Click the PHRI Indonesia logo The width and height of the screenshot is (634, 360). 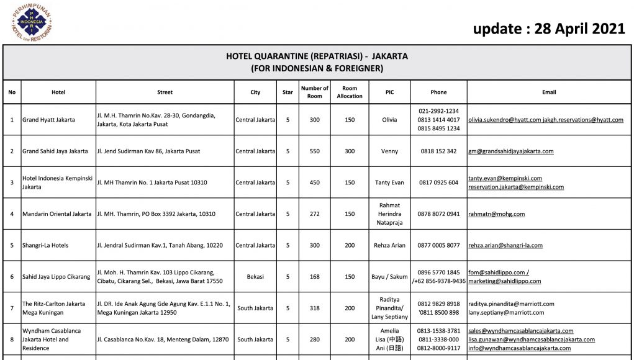point(31,22)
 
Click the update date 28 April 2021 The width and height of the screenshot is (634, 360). point(548,29)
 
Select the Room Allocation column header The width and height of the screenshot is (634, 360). point(350,92)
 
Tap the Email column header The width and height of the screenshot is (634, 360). point(549,92)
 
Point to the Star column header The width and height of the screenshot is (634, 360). point(288,92)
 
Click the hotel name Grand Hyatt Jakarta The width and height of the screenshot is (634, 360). point(48,120)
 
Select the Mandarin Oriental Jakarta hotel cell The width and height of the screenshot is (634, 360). point(57,214)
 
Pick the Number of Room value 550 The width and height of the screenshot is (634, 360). point(315,151)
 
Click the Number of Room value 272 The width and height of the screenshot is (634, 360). point(315,214)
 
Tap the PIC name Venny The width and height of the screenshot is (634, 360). point(389,151)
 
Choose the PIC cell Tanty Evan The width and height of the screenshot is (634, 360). point(389,182)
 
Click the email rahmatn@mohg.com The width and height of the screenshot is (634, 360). point(496,214)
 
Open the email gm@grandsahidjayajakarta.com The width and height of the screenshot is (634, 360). point(510,151)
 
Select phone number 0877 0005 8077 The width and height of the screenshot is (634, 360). point(439,245)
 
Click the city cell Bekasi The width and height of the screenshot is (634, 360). point(255,277)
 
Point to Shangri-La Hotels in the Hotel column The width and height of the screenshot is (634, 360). point(45,245)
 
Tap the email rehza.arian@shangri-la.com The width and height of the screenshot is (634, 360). point(505,245)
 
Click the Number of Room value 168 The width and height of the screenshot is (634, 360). point(315,277)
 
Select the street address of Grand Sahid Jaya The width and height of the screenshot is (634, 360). point(148,151)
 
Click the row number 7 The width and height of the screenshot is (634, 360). point(12,308)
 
